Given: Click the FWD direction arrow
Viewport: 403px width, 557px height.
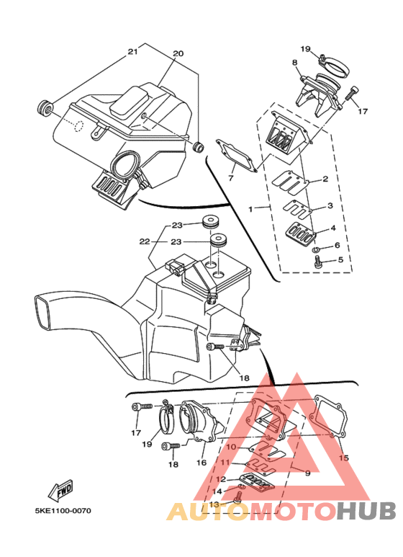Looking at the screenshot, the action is pos(60,489).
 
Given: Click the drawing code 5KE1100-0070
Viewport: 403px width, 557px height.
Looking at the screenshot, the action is pos(63,511).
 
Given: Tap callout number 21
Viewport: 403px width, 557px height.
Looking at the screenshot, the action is pos(132,52).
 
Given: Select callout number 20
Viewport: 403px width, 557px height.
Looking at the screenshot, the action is pos(178,53).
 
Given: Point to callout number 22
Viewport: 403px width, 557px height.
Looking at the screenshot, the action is pos(145,241).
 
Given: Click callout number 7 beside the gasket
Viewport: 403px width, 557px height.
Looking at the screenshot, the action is pos(231,177).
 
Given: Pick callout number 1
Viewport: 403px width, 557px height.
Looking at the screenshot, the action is pos(250,209).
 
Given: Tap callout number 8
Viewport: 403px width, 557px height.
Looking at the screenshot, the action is pos(294,63).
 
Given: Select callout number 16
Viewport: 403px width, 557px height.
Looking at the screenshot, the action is pos(201,462).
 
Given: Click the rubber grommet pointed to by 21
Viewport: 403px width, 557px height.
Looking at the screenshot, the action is pos(45,107).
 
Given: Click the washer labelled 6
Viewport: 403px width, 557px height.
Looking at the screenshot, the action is pos(317,250).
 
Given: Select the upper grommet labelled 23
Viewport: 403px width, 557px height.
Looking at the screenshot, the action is pos(210,221).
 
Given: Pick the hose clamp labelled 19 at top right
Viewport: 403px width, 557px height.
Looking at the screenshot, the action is pos(335,66).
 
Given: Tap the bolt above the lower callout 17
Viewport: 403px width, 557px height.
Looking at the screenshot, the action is pos(142,406).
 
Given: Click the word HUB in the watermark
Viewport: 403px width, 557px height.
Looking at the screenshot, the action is pos(366,510).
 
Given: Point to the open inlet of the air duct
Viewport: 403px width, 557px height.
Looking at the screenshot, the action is pos(43,311).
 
